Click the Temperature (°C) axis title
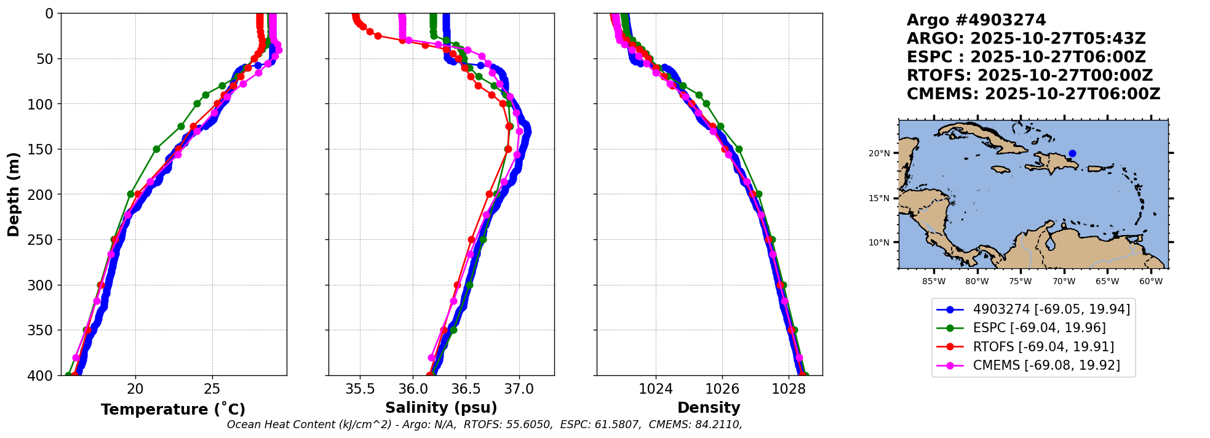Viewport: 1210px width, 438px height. pos(173,409)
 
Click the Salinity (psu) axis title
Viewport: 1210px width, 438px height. pos(441,408)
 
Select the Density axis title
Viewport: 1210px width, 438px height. pos(709,408)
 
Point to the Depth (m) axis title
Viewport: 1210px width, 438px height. pos(14,194)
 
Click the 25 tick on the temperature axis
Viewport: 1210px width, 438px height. pos(212,388)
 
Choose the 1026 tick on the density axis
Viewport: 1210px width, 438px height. pos(722,388)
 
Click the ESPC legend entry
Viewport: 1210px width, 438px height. pos(1033,328)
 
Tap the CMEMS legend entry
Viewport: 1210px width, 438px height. pos(1033,365)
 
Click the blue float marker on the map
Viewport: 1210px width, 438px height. pos(1072,153)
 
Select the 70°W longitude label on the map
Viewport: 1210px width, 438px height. pos(1064,282)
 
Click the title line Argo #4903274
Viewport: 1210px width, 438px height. pos(976,20)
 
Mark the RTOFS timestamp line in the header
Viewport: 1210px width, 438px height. pos(1030,76)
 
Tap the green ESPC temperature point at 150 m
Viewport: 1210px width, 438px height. pos(156,149)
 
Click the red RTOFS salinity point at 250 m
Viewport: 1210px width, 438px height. pos(471,239)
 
